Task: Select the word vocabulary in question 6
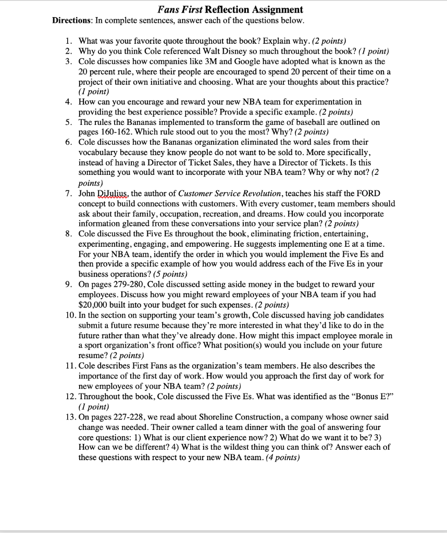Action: pos(100,152)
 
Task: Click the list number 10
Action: pos(71,315)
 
